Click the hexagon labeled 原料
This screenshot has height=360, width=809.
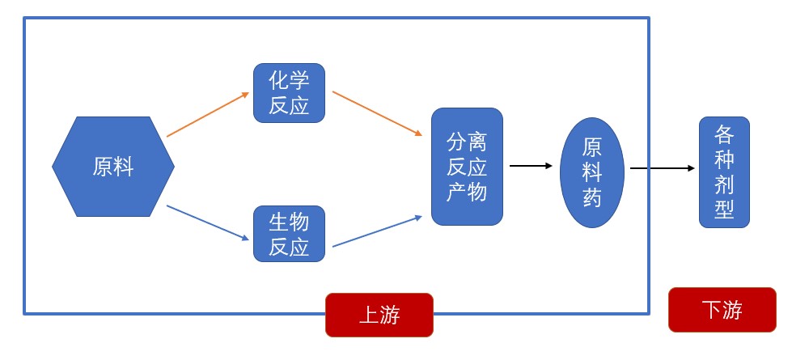pyautogui.click(x=113, y=167)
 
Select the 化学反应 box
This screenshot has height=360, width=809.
pyautogui.click(x=289, y=93)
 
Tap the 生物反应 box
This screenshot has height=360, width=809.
pyautogui.click(x=289, y=234)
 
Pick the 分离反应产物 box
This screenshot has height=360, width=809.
pyautogui.click(x=467, y=167)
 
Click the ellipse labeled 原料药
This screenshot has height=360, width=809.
pyautogui.click(x=592, y=172)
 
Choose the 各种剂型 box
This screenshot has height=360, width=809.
pyautogui.click(x=724, y=172)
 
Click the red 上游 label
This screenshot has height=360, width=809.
pyautogui.click(x=379, y=315)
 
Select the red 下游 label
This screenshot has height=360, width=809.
pyautogui.click(x=722, y=310)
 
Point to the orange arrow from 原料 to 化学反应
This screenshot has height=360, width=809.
pyautogui.click(x=207, y=114)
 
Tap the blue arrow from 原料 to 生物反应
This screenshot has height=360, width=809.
pyautogui.click(x=207, y=223)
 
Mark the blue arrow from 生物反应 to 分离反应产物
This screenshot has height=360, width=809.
pyautogui.click(x=377, y=231)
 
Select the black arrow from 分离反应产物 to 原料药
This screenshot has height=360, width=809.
pyautogui.click(x=531, y=166)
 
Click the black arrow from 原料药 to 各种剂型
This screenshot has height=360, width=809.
pyautogui.click(x=662, y=168)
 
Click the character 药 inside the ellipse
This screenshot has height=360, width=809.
pyautogui.click(x=592, y=197)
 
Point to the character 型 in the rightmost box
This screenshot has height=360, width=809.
pyautogui.click(x=724, y=210)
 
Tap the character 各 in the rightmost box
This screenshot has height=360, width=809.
pyautogui.click(x=724, y=133)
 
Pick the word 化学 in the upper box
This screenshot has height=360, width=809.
pyautogui.click(x=289, y=81)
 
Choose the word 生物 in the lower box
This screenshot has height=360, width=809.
pyautogui.click(x=289, y=221)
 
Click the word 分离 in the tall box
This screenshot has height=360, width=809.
pyautogui.click(x=467, y=142)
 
